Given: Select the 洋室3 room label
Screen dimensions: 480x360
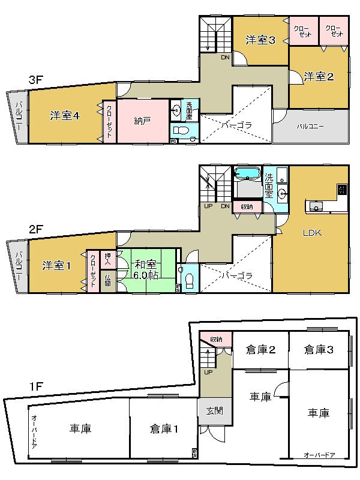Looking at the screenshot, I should click(x=260, y=40).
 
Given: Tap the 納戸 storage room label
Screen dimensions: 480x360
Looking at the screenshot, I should click(x=142, y=120).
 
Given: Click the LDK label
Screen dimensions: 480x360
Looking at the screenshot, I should click(x=312, y=233).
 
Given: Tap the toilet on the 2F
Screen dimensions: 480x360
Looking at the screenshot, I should click(x=189, y=280).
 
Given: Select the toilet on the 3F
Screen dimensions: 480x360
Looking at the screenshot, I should click(x=181, y=131).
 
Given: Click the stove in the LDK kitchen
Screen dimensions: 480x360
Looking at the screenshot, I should click(x=341, y=190).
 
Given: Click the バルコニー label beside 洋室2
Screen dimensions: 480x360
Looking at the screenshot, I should click(x=310, y=126).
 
